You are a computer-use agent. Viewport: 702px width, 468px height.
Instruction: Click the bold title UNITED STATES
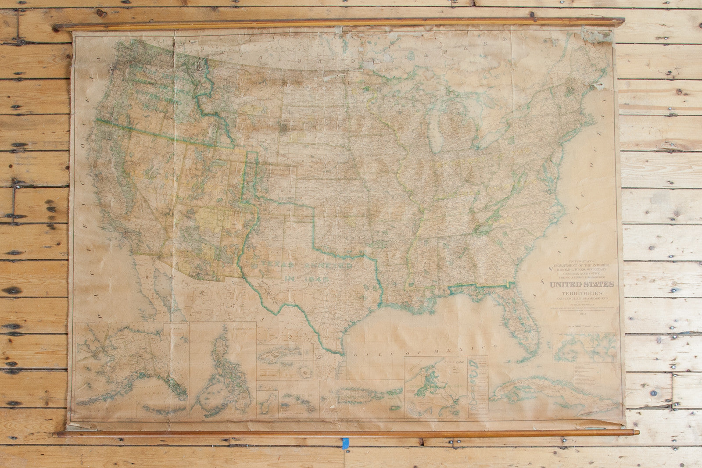[x=582, y=285]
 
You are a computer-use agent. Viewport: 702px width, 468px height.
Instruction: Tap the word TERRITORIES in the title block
[x=582, y=293]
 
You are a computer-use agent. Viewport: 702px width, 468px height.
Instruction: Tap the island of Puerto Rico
[x=360, y=395]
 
